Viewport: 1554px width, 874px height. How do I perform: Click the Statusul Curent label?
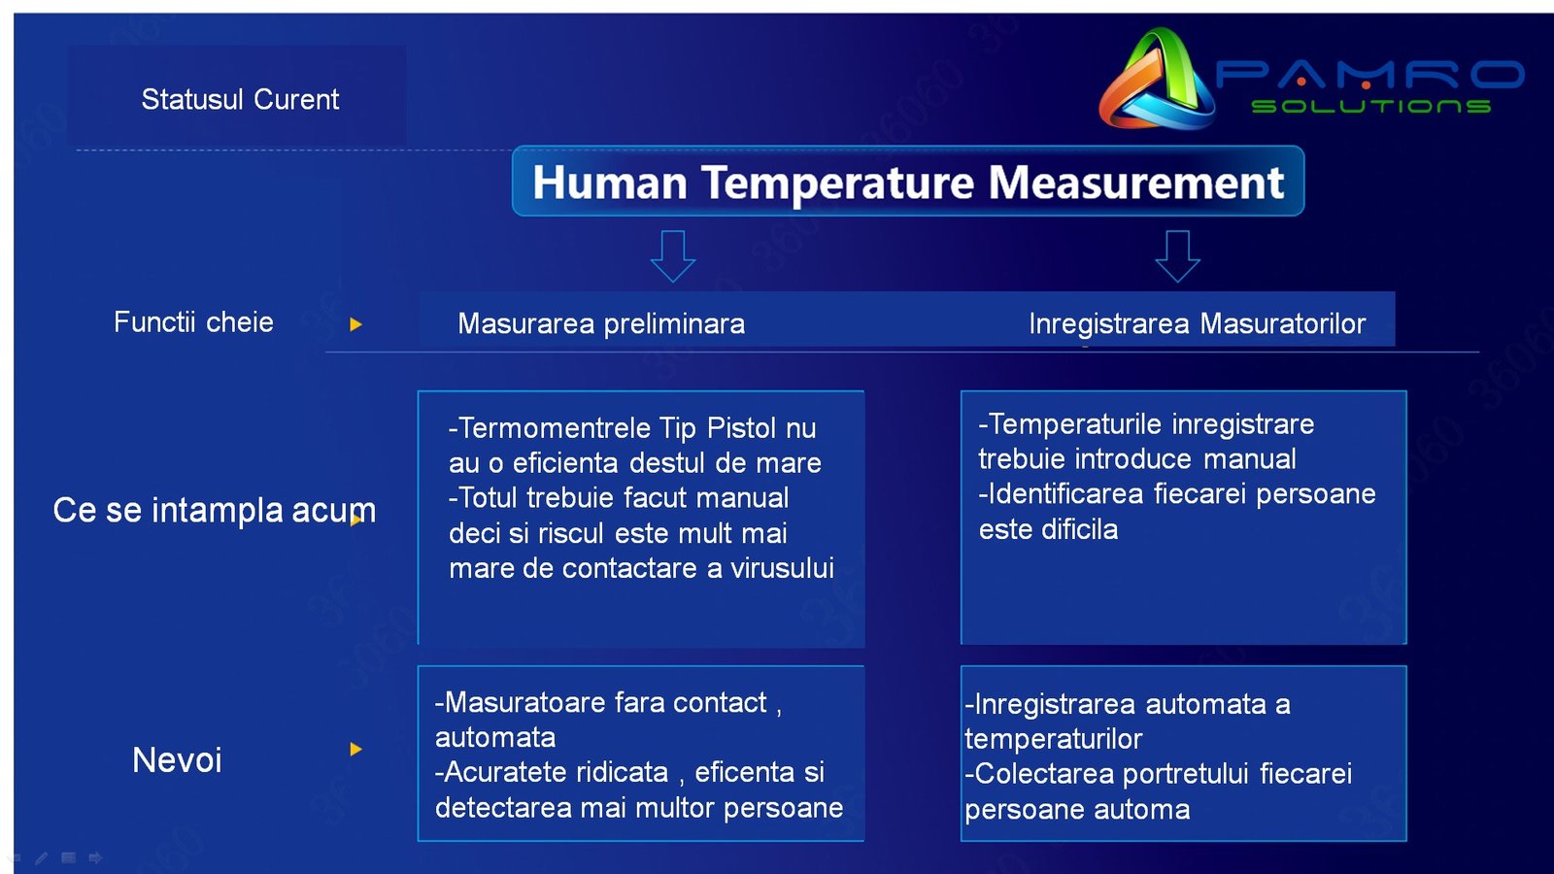click(x=240, y=99)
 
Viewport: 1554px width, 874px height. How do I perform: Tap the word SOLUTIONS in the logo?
click(x=1370, y=106)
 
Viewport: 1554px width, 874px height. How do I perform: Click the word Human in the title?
click(x=610, y=183)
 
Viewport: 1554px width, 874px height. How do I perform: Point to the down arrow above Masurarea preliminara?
click(x=672, y=255)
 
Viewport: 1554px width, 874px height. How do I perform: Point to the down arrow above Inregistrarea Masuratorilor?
click(x=1177, y=255)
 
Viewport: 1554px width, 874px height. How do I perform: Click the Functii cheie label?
click(x=193, y=322)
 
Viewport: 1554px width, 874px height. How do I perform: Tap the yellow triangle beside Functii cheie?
click(x=355, y=324)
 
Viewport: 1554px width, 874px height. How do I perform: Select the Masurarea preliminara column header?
click(x=601, y=323)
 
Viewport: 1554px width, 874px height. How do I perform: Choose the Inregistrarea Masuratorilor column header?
click(x=1197, y=323)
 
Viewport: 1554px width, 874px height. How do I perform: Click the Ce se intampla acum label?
click(x=214, y=510)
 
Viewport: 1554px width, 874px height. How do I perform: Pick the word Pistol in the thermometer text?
click(x=742, y=428)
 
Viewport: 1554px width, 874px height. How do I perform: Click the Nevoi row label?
click(x=177, y=759)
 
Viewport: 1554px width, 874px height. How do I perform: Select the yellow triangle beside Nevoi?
click(x=355, y=749)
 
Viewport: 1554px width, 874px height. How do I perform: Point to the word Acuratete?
click(x=557, y=772)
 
